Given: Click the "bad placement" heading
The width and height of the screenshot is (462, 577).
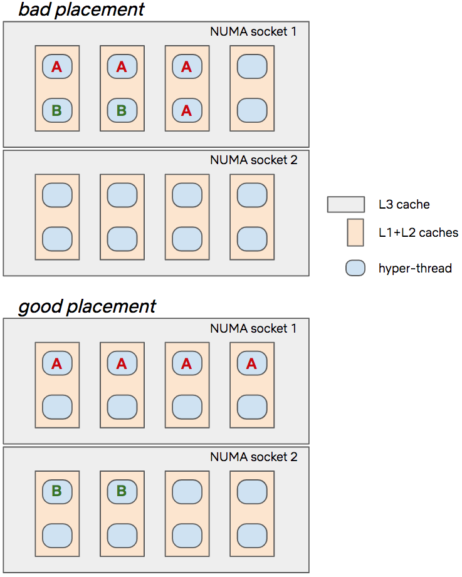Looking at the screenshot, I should click(x=81, y=9).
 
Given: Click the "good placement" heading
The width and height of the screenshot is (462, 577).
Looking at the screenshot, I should click(x=87, y=306).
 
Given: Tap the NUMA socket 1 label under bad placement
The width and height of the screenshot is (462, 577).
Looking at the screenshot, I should click(x=253, y=31).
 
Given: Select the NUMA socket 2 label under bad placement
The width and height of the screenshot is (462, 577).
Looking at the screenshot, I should click(x=253, y=160).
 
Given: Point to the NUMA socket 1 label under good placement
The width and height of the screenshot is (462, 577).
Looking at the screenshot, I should click(x=253, y=328).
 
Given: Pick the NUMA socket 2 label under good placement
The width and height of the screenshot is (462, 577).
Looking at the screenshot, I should click(x=253, y=457).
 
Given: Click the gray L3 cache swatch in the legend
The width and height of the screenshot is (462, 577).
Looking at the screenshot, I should click(x=345, y=204).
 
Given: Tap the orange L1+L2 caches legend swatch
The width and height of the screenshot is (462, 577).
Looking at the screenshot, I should click(x=355, y=232).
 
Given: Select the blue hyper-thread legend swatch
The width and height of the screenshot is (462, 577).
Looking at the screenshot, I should click(x=355, y=268).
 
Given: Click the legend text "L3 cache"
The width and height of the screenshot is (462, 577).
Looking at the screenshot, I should click(x=404, y=204).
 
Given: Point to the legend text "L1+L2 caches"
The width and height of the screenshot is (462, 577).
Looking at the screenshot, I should click(x=418, y=232).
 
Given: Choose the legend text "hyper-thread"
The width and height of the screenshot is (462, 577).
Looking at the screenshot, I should click(x=415, y=268).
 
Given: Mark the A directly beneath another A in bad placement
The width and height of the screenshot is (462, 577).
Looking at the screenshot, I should click(x=186, y=110).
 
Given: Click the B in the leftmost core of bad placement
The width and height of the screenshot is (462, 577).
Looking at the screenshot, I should click(x=56, y=110).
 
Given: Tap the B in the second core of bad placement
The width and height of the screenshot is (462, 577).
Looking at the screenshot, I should click(x=122, y=110).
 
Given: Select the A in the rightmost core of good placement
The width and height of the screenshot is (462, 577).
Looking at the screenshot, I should click(x=251, y=363).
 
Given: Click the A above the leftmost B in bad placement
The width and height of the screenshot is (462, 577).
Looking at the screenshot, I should click(x=56, y=66).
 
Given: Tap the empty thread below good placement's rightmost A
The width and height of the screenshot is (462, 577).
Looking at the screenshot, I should click(x=251, y=407).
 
